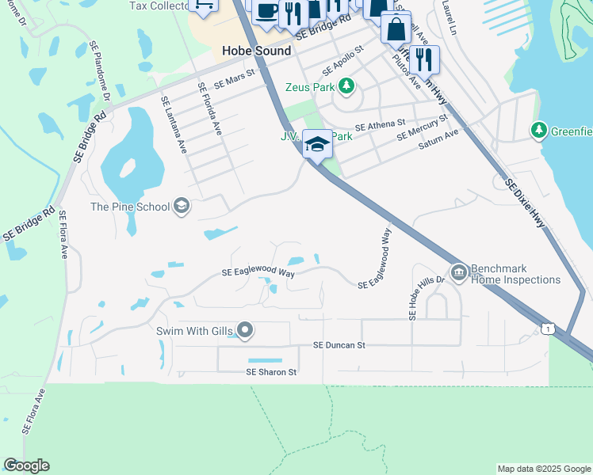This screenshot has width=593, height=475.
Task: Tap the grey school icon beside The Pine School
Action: pyautogui.click(x=182, y=207)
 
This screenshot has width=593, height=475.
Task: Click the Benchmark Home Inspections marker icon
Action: pyautogui.click(x=458, y=273)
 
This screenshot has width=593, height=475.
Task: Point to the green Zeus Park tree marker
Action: pyautogui.click(x=346, y=85)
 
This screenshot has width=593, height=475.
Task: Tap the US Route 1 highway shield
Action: pyautogui.click(x=546, y=327)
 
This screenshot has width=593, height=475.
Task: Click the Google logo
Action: pyautogui.click(x=26, y=465)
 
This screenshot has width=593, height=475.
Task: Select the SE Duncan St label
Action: pyautogui.click(x=339, y=345)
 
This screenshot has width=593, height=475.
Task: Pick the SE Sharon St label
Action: pyautogui.click(x=271, y=371)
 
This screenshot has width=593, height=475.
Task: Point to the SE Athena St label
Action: pyautogui.click(x=380, y=125)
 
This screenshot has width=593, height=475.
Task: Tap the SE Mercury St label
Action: pyautogui.click(x=423, y=127)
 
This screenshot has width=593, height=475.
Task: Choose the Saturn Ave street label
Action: pyautogui.click(x=439, y=139)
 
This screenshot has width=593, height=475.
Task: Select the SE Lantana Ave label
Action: pyautogui.click(x=174, y=124)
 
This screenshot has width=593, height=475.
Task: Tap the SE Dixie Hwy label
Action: pyautogui.click(x=526, y=203)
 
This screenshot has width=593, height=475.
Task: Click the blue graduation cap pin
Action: pyautogui.click(x=317, y=143)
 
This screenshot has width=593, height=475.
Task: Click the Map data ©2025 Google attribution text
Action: pyautogui.click(x=544, y=469)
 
